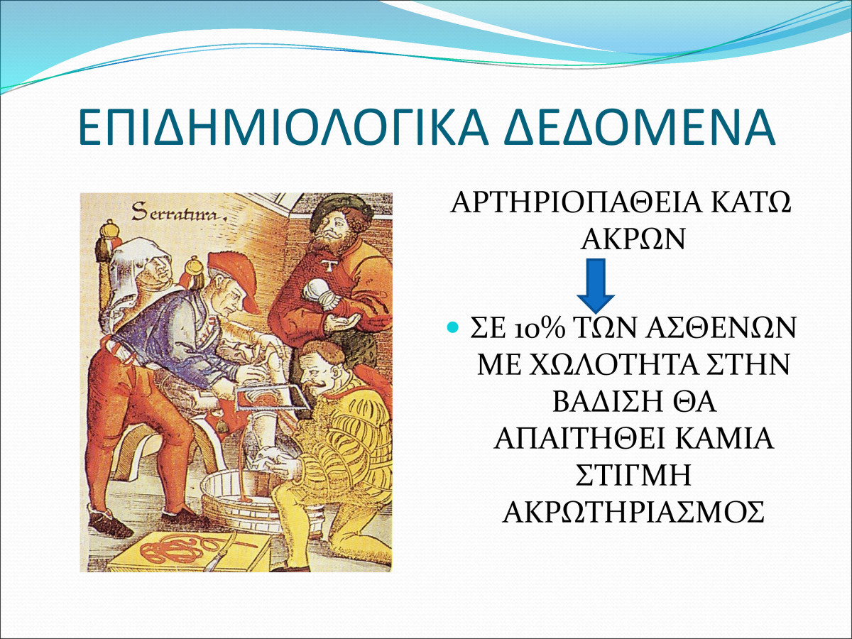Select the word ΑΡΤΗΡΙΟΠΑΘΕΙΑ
pyautogui.click(x=576, y=202)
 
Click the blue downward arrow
pyautogui.click(x=596, y=286)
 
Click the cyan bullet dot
pyautogui.click(x=452, y=328)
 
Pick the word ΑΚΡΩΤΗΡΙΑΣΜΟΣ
pyautogui.click(x=633, y=512)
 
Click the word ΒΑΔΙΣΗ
pyautogui.click(x=606, y=402)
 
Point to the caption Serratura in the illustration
pyautogui.click(x=179, y=212)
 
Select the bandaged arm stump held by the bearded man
pyautogui.click(x=322, y=294)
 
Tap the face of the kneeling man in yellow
pyautogui.click(x=319, y=373)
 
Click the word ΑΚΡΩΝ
pyautogui.click(x=633, y=239)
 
